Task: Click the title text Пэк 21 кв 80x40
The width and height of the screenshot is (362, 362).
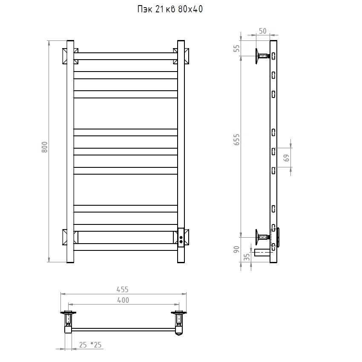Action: (170, 9)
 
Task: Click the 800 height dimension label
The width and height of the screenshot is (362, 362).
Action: (45, 147)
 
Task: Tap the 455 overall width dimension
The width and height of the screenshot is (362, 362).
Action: (122, 289)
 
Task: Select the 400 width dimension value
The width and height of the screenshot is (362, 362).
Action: (123, 300)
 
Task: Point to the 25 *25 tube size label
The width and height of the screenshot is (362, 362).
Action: (90, 345)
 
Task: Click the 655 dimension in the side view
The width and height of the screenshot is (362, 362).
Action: (237, 140)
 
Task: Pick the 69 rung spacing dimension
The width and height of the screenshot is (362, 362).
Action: (286, 158)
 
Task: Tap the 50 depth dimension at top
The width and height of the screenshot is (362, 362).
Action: (263, 31)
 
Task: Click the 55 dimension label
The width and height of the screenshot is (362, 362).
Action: (237, 48)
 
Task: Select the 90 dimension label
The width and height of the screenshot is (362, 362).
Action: (237, 250)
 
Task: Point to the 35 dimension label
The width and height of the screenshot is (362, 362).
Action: (247, 257)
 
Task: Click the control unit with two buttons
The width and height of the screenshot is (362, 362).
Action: (181, 238)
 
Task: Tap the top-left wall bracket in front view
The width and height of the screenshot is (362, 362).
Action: (70, 56)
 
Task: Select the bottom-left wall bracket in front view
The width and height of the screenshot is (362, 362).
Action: (70, 237)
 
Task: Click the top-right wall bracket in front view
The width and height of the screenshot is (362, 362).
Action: (181, 56)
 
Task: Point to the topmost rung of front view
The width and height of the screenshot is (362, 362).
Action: (126, 56)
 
